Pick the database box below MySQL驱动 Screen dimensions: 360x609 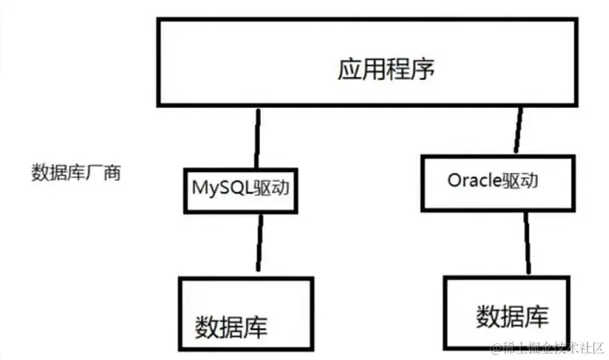pyautogui.click(x=245, y=315)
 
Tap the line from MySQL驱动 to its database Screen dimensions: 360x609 pyautogui.click(x=257, y=243)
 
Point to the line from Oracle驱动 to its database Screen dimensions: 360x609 pyautogui.click(x=524, y=244)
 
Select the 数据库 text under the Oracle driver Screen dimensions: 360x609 pyautogui.click(x=513, y=316)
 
